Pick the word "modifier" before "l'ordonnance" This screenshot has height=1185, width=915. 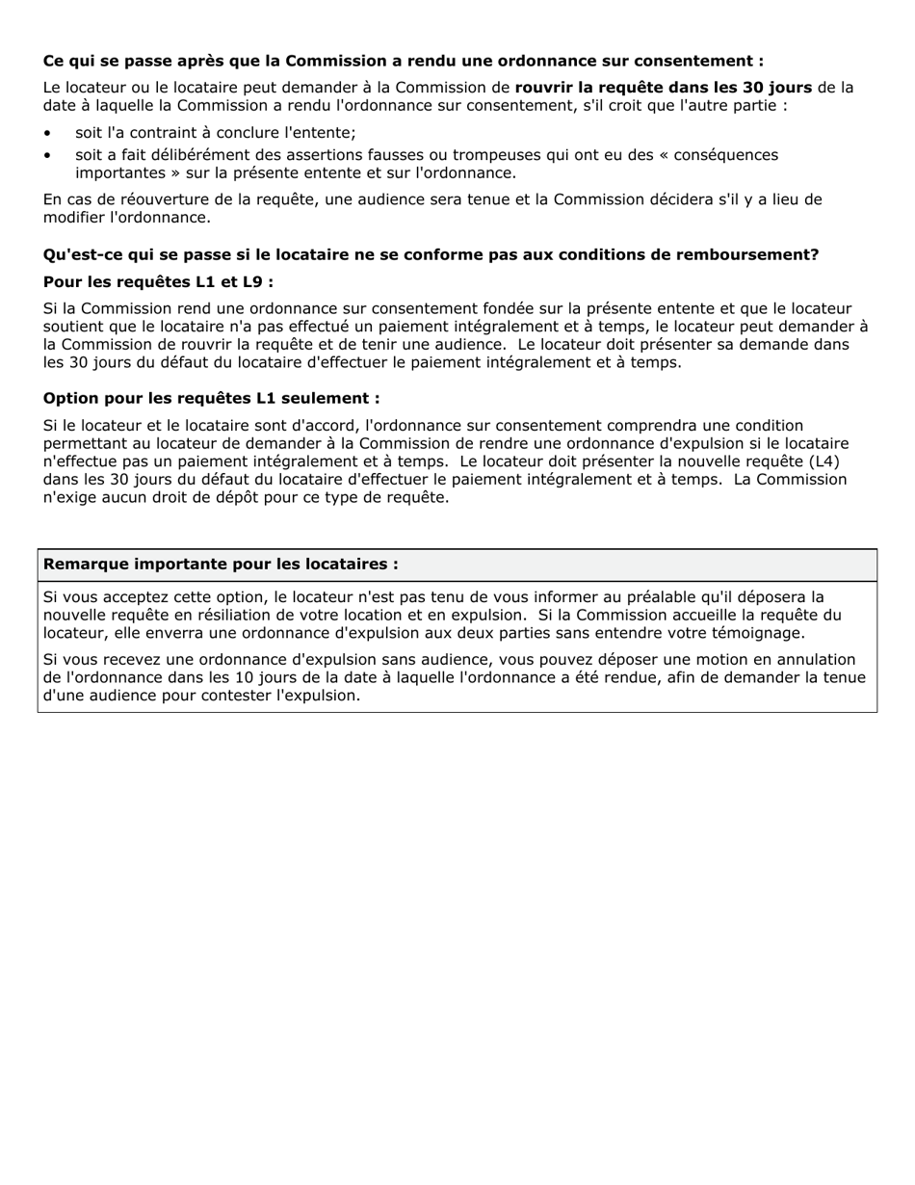(73, 218)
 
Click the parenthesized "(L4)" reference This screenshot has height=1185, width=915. (823, 461)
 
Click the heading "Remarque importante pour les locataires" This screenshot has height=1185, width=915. (221, 565)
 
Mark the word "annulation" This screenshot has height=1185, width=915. (813, 660)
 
